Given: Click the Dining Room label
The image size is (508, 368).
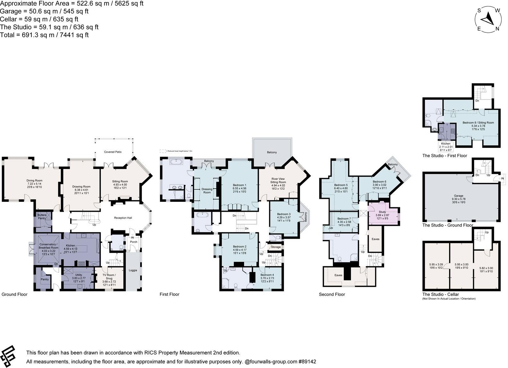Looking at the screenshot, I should pos(34,181).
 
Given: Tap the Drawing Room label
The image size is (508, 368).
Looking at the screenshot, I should pos(81,186).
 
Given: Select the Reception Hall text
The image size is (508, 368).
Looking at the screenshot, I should pos(123,218).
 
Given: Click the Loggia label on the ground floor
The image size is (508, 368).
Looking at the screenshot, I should pos(133,270).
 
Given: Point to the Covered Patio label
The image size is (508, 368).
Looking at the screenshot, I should pos(113,152).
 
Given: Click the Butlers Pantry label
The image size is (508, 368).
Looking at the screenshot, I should pos(42,217).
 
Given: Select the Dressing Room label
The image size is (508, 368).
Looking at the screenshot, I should pos(207,191).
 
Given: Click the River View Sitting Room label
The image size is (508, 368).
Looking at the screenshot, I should pos(278,180).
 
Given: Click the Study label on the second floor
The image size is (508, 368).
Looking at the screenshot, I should pos(382,212).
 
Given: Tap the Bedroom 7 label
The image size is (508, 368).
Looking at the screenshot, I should pos(344,218).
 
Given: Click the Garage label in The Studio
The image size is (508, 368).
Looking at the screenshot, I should pos(458,195).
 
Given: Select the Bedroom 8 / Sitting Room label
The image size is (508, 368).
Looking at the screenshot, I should pos(478,123).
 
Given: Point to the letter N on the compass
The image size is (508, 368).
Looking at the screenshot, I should pos(497,29).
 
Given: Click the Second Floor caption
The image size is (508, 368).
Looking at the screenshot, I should pos(332,294).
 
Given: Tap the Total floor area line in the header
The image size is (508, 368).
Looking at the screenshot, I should pos(44,35).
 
